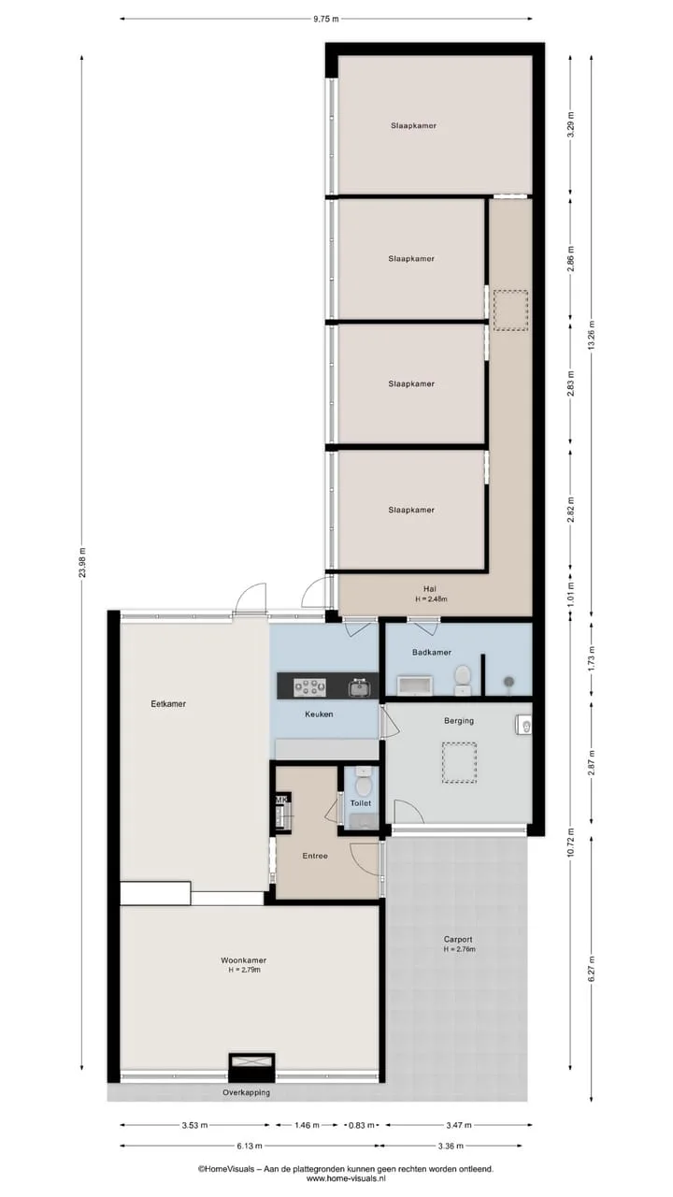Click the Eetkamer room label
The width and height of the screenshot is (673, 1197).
(x=168, y=704)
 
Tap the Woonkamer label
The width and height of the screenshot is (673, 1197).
(x=244, y=960)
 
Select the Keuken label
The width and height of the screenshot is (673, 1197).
(x=319, y=714)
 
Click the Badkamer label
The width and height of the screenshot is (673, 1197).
(x=432, y=652)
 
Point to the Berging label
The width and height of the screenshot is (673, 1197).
(x=459, y=721)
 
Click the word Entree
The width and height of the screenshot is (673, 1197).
(x=315, y=856)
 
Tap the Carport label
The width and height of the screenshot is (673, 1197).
(x=458, y=939)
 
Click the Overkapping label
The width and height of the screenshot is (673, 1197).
(x=246, y=1093)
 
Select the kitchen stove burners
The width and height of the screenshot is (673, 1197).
(x=309, y=687)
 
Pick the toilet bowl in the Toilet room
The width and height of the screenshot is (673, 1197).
(x=364, y=785)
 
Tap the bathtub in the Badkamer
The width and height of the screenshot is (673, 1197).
(x=414, y=685)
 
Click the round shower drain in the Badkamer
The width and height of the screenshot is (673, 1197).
(x=509, y=682)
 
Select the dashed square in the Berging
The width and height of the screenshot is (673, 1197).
(x=459, y=763)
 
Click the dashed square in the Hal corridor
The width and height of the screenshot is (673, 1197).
(x=510, y=310)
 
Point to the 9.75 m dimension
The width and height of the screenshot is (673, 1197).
(x=326, y=19)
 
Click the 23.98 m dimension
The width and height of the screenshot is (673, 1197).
(x=81, y=563)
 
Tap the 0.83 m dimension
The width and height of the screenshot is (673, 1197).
(x=362, y=1125)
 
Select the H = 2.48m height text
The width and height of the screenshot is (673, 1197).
(x=431, y=599)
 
